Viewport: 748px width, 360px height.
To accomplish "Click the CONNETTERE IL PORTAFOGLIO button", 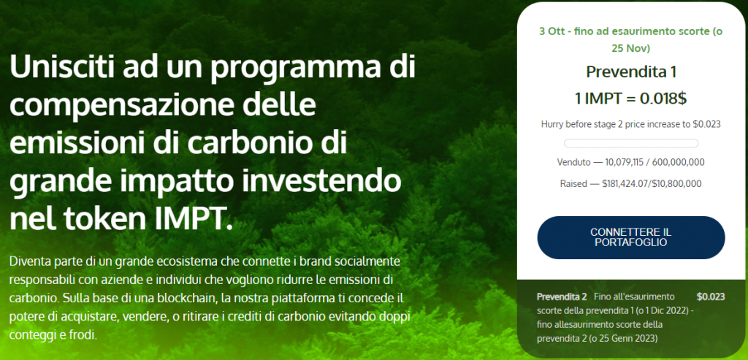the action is [x=630, y=237].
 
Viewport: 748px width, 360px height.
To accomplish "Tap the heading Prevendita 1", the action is [x=630, y=72].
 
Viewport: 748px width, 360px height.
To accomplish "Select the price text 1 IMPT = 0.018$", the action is [x=630, y=99].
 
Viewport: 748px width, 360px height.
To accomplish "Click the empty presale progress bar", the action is [x=630, y=143].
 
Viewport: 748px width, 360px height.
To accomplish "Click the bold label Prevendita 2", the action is [x=562, y=296].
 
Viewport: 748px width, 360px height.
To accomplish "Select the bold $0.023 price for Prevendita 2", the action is [x=711, y=296].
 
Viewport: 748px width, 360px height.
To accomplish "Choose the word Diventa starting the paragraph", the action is [x=27, y=261].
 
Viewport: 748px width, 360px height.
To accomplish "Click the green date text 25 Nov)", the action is [x=630, y=48].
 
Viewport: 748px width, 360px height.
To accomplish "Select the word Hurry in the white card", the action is [x=552, y=124].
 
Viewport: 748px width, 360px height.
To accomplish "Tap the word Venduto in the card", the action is [x=573, y=162].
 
